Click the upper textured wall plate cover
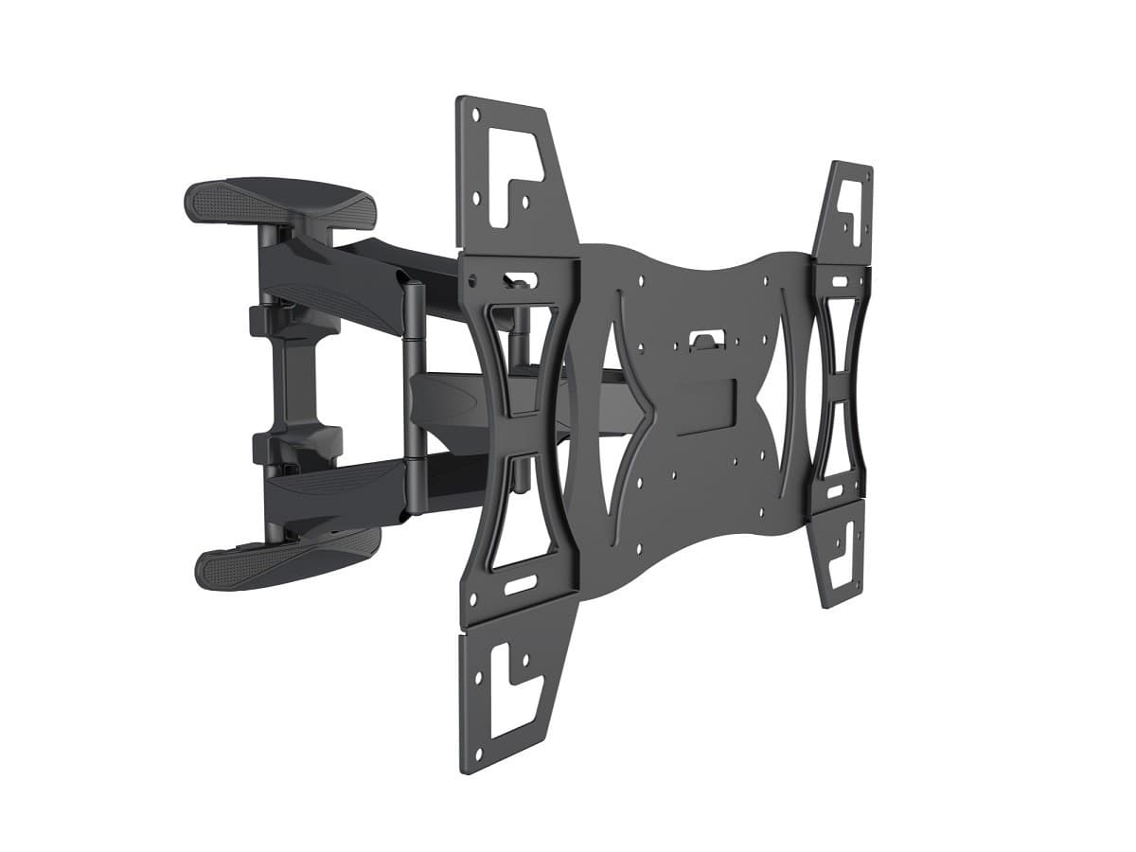[x=279, y=198]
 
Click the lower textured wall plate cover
[x=289, y=559]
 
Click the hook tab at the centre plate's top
[x=701, y=340]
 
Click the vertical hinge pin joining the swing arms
[x=412, y=398]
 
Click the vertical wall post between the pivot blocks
[x=284, y=379]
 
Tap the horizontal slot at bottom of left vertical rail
[x=519, y=584]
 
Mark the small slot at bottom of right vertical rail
[x=835, y=491]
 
